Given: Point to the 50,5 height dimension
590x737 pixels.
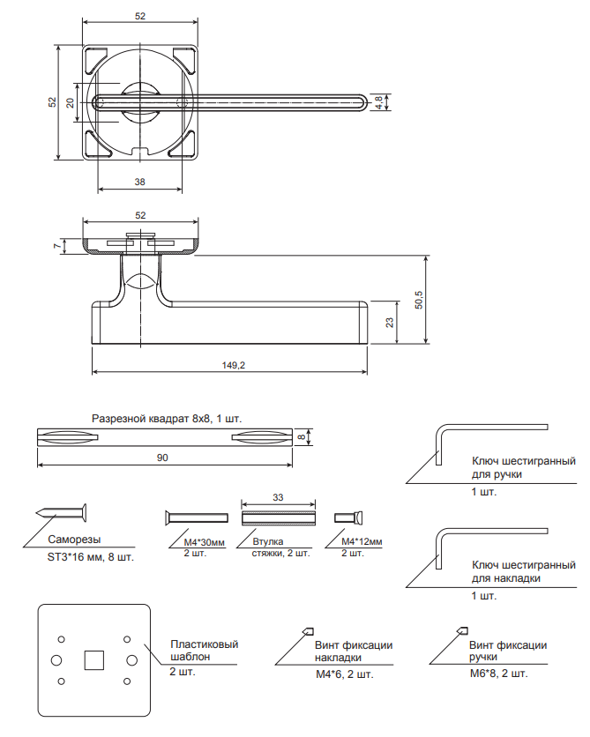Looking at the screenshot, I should (419, 300).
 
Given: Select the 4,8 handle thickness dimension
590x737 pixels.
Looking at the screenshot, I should (379, 102).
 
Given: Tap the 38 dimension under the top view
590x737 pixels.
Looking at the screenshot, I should (140, 182).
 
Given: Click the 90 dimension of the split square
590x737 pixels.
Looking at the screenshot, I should (163, 457).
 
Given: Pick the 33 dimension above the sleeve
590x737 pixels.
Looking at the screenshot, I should (278, 498).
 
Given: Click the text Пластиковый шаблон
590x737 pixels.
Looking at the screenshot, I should (204, 651).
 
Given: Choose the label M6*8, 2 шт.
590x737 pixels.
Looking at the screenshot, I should (498, 674).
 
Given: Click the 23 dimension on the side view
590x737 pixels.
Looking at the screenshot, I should (390, 323).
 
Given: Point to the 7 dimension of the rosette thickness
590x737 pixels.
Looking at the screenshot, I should (56, 246).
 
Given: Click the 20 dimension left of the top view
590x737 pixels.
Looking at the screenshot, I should (71, 102).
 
